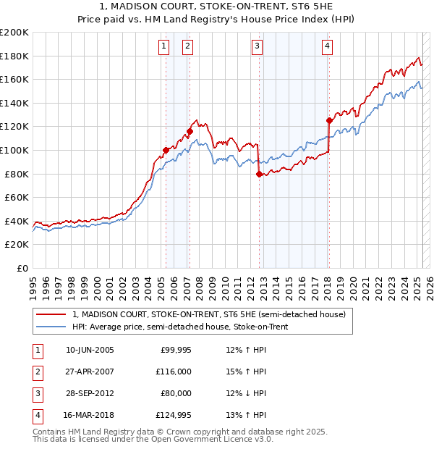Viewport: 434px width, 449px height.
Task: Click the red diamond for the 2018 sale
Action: pos(329,121)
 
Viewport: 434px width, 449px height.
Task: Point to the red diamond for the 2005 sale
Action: pos(166,150)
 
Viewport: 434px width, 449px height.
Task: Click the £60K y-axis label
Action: pos(17,197)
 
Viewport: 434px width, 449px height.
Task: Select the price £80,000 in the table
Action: pos(176,393)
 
